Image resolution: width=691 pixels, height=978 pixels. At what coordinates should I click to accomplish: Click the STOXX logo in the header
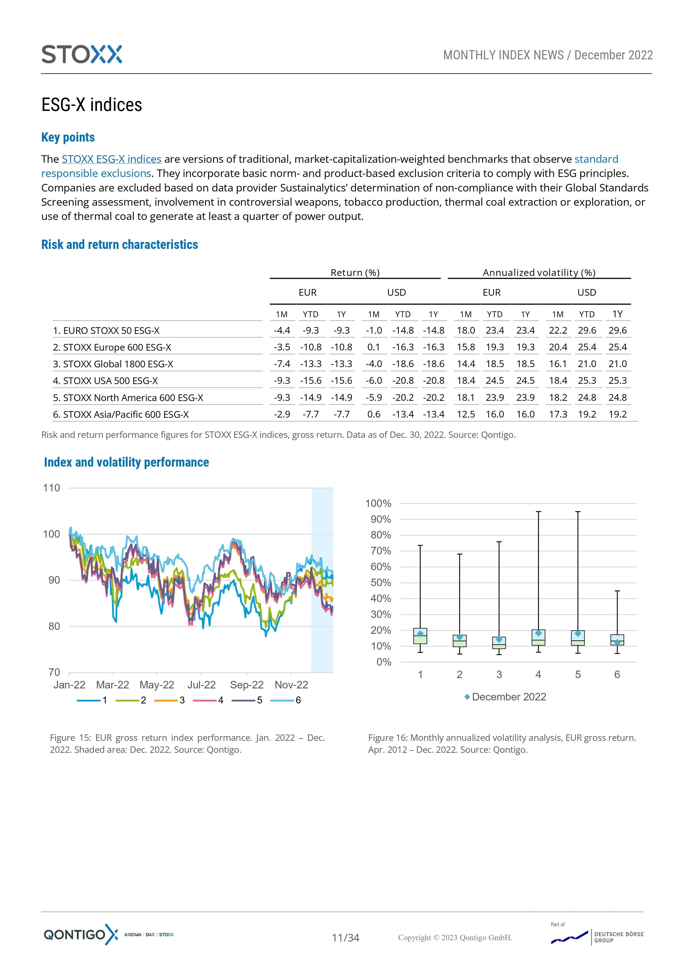pyautogui.click(x=82, y=55)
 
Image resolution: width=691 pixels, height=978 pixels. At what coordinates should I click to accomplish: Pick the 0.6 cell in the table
pyautogui.click(x=373, y=414)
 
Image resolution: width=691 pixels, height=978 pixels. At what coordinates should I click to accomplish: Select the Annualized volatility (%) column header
pyautogui.click(x=539, y=273)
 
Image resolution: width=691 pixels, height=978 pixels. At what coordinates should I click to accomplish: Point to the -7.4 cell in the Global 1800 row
pyautogui.click(x=282, y=364)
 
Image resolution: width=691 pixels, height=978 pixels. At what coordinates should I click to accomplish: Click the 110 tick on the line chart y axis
pyautogui.click(x=52, y=488)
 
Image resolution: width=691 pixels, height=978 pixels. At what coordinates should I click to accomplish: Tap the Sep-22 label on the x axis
pyautogui.click(x=246, y=685)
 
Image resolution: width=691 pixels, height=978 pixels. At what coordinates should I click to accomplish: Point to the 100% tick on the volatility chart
pyautogui.click(x=378, y=503)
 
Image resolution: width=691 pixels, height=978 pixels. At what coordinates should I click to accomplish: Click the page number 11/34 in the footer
pyautogui.click(x=345, y=938)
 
